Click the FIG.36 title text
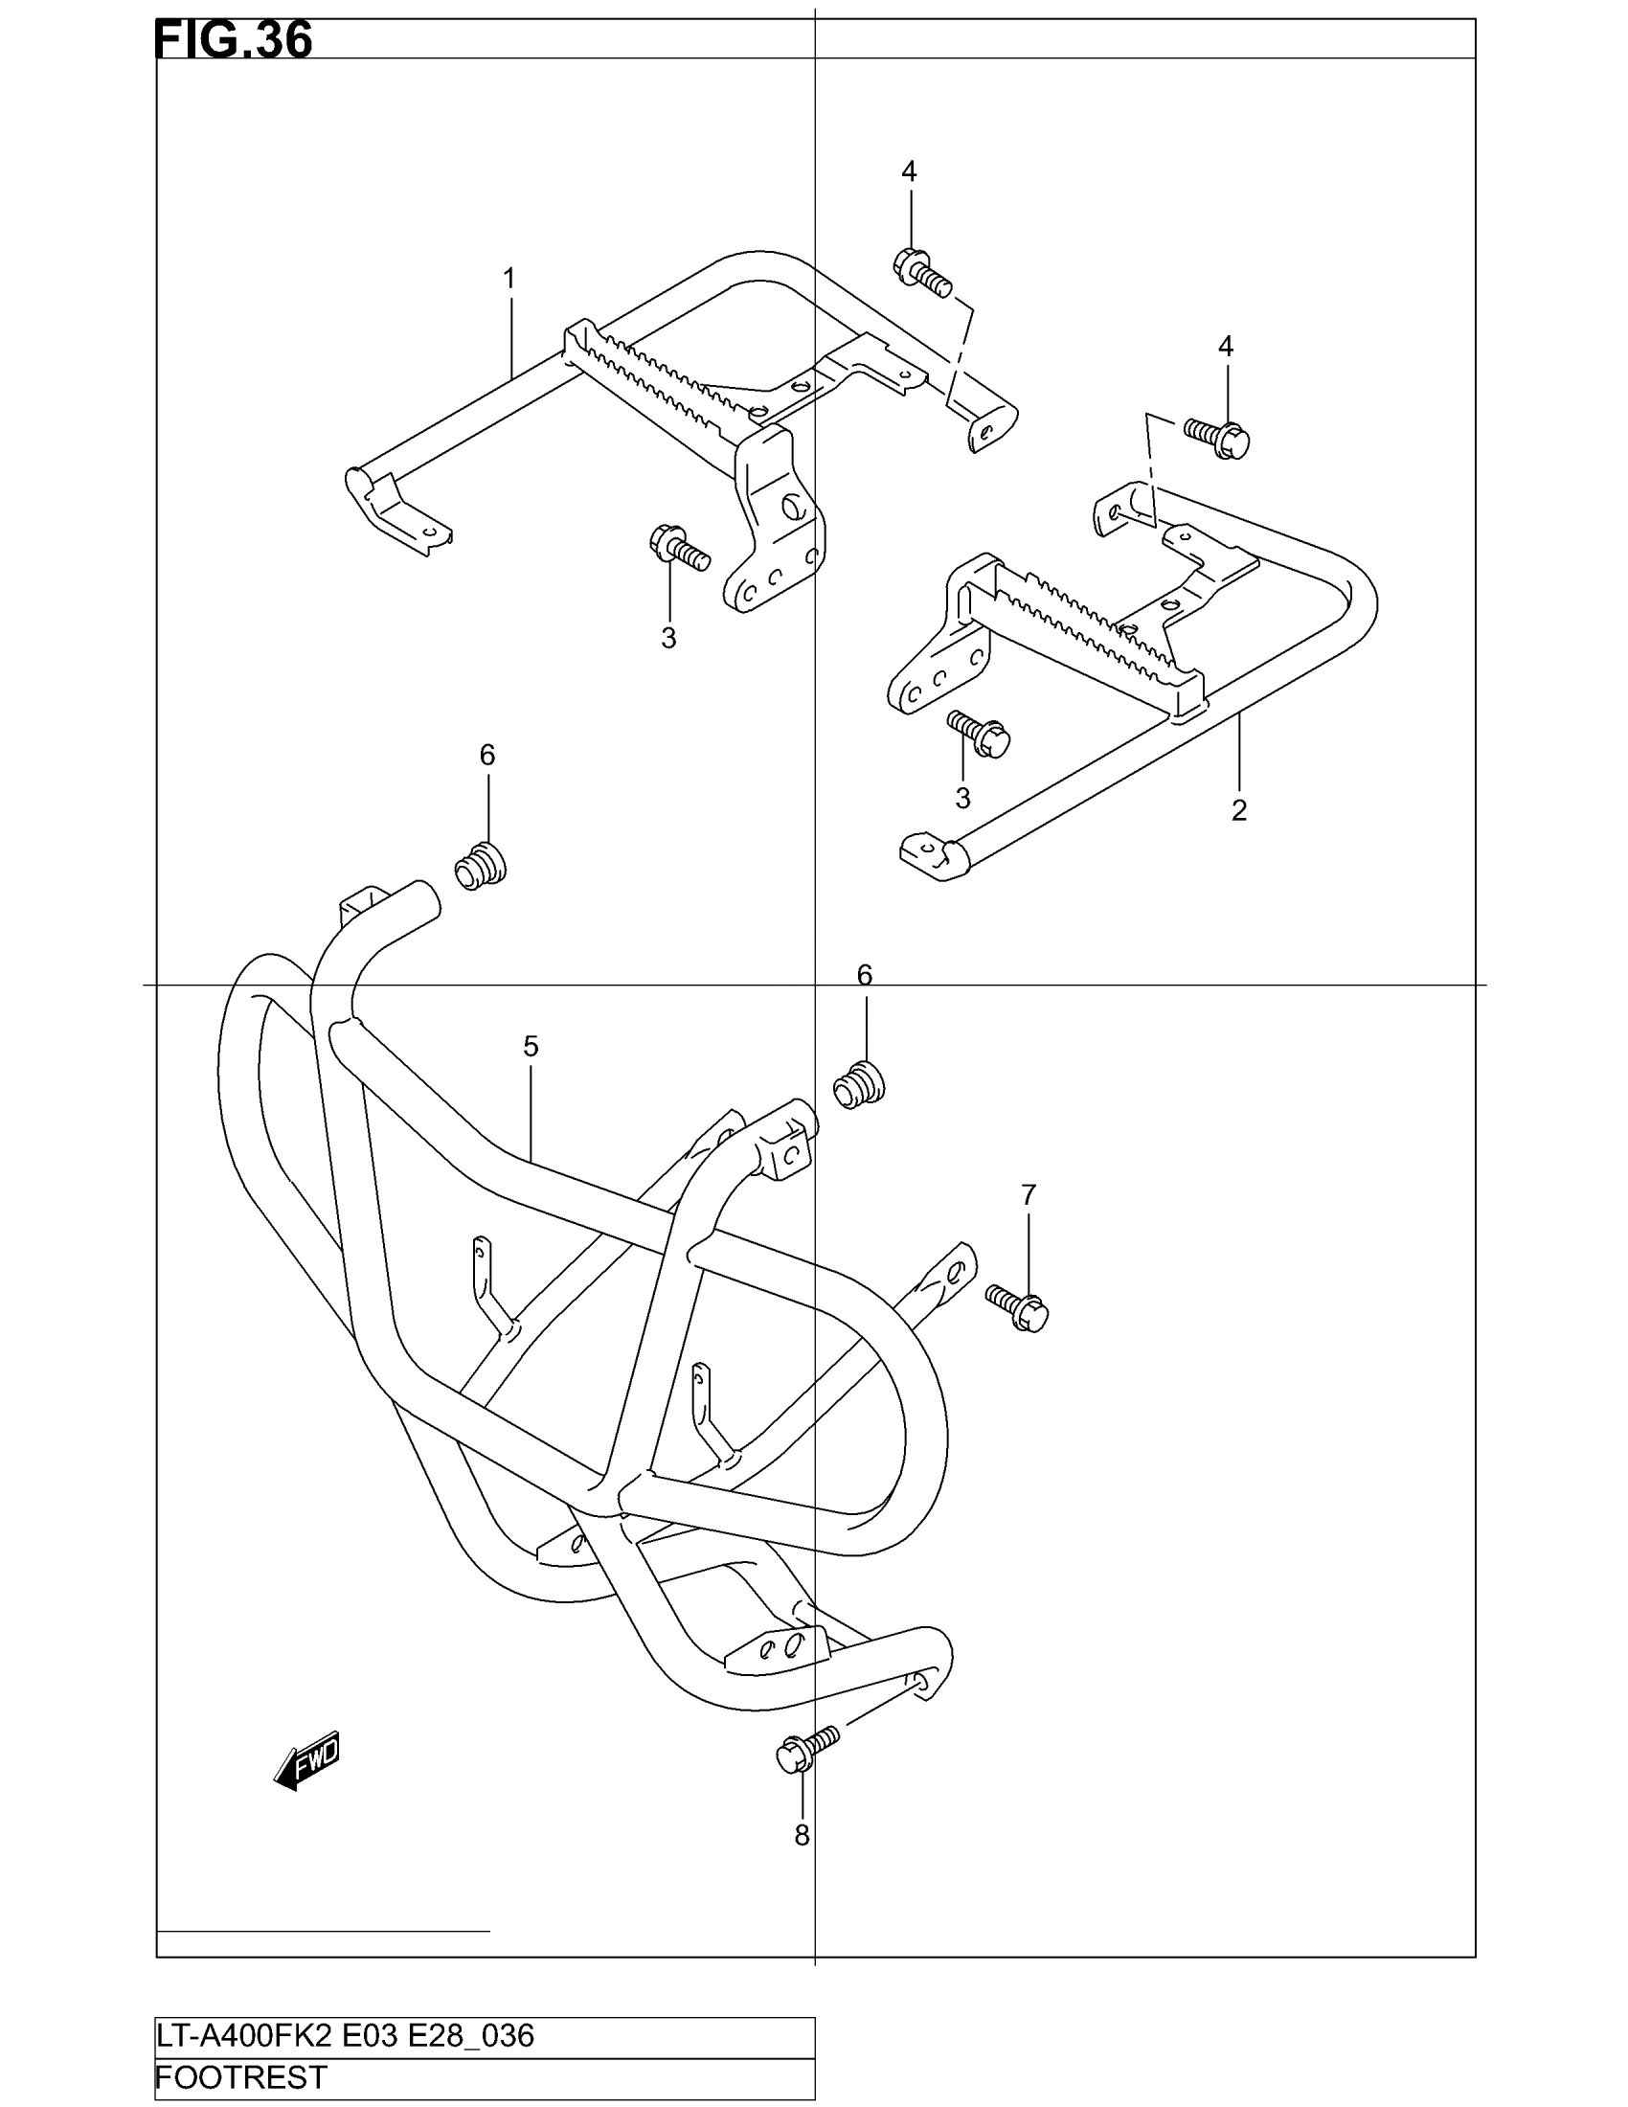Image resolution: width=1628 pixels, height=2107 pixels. pyautogui.click(x=234, y=41)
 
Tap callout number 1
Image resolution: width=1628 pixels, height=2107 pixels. pyautogui.click(x=509, y=279)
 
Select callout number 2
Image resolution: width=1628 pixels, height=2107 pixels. pyautogui.click(x=1239, y=810)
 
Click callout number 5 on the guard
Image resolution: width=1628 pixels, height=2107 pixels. pyautogui.click(x=531, y=1046)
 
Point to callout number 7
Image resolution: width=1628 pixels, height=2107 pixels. pyautogui.click(x=1029, y=1195)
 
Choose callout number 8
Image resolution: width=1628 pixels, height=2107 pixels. pyautogui.click(x=802, y=1836)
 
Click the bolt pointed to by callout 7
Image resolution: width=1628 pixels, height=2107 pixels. pyautogui.click(x=1017, y=1307)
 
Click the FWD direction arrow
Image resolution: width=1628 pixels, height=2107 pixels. pyautogui.click(x=307, y=1760)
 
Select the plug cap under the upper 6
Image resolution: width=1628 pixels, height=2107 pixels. pyautogui.click(x=481, y=866)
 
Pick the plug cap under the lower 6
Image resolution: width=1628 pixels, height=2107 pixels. pyautogui.click(x=858, y=1084)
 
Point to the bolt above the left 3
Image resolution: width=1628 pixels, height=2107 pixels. pyautogui.click(x=679, y=547)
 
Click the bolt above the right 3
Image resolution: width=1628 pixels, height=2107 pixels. pyautogui.click(x=979, y=735)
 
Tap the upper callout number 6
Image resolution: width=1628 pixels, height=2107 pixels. pyautogui.click(x=487, y=756)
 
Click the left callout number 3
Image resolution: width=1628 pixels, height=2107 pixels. pyautogui.click(x=668, y=638)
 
